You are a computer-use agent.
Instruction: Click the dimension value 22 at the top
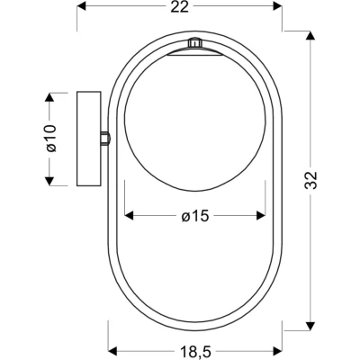coord(180,7)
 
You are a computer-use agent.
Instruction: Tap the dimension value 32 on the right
coord(311,181)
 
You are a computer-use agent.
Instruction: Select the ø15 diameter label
coord(194,216)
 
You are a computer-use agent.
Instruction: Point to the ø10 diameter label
coord(51,139)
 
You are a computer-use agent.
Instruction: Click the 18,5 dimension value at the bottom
coord(195,350)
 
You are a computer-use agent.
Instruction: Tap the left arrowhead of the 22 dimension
coord(82,5)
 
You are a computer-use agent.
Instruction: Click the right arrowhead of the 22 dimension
coord(277,5)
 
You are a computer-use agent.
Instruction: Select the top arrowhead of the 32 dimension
coord(310,35)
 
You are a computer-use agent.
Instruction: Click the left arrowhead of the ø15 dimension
coord(129,215)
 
